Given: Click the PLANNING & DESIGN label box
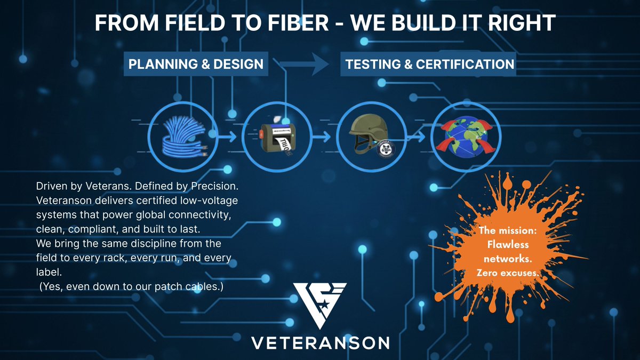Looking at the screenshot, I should point(196,65).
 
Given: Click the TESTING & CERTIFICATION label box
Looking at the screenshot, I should point(429,65).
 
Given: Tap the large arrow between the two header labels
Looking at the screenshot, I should point(304,65).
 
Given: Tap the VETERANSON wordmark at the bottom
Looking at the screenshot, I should point(320,342).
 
